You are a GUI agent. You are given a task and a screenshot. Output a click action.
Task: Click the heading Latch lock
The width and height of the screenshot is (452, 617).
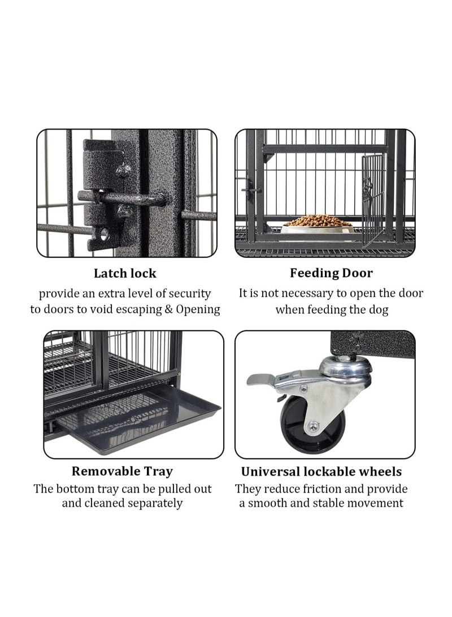pyautogui.click(x=125, y=273)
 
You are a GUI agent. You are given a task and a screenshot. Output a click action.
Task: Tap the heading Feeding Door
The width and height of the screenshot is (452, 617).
pyautogui.click(x=331, y=273)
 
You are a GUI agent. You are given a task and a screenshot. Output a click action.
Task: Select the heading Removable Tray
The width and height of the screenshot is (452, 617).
pyautogui.click(x=122, y=471)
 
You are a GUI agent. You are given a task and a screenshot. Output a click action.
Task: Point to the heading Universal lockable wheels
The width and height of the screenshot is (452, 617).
pyautogui.click(x=321, y=472)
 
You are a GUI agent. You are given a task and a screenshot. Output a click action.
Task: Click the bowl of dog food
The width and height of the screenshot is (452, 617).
pyautogui.click(x=318, y=223)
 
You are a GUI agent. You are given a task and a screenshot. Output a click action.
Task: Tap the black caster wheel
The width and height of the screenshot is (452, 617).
pyautogui.click(x=311, y=424)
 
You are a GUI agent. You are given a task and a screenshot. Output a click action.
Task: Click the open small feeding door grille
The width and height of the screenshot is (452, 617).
pyautogui.click(x=373, y=199)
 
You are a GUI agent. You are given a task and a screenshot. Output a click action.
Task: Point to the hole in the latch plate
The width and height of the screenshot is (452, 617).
pyautogui.click(x=104, y=234)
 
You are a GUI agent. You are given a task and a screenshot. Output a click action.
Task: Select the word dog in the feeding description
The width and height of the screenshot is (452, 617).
pyautogui.click(x=379, y=310)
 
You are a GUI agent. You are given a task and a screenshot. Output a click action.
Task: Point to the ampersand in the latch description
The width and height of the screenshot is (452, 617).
pyautogui.click(x=168, y=309)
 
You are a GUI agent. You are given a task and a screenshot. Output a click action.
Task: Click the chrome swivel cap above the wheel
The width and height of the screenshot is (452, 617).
pyautogui.click(x=345, y=369)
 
